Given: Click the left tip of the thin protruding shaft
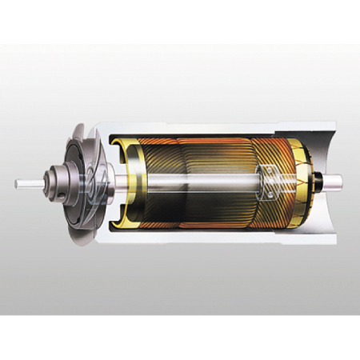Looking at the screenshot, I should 17,182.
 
